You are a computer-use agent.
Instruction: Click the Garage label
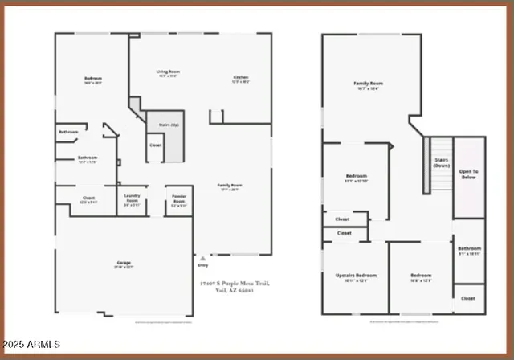(x=123, y=263)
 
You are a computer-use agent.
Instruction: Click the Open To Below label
(x=469, y=173)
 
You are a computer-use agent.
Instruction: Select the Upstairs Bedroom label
(x=356, y=277)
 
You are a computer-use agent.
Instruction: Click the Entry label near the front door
(x=203, y=264)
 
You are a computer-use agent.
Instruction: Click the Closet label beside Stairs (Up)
(x=155, y=145)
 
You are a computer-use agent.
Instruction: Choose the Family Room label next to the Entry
(x=230, y=186)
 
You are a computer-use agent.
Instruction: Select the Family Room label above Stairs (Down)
(x=368, y=84)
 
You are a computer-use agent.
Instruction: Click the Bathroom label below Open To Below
(x=469, y=251)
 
